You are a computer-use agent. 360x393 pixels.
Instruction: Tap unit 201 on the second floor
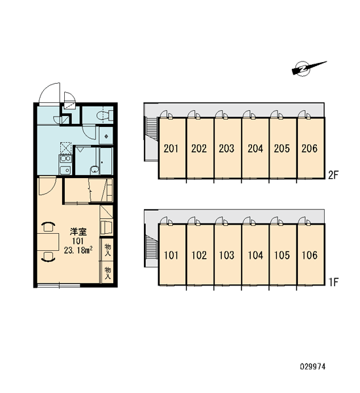click(x=172, y=148)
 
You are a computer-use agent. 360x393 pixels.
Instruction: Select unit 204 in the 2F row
click(x=255, y=148)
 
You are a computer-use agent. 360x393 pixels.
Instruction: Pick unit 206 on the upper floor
click(x=311, y=148)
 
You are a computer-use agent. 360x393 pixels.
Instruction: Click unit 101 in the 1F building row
click(x=172, y=255)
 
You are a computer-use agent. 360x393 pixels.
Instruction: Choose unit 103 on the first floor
click(x=228, y=255)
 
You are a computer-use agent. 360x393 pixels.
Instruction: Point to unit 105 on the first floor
click(x=283, y=255)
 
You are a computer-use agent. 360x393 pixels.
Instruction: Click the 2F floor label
click(x=333, y=175)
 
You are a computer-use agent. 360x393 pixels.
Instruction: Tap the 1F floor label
click(x=333, y=282)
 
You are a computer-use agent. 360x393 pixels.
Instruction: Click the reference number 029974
click(x=313, y=367)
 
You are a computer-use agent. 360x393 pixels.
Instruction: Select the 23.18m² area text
click(x=78, y=250)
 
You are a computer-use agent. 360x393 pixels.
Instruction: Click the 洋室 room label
click(x=78, y=232)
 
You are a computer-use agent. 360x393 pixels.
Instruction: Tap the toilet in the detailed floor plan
click(x=105, y=115)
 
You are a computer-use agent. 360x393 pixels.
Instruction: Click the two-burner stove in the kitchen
click(x=65, y=159)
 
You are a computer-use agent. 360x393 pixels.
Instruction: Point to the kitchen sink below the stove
click(x=65, y=170)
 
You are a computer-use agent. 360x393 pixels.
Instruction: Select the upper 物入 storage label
click(x=107, y=250)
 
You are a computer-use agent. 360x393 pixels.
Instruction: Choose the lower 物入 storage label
click(x=107, y=273)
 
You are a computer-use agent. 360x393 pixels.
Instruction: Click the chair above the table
click(x=48, y=227)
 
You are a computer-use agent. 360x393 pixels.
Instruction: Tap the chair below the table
click(x=48, y=257)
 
